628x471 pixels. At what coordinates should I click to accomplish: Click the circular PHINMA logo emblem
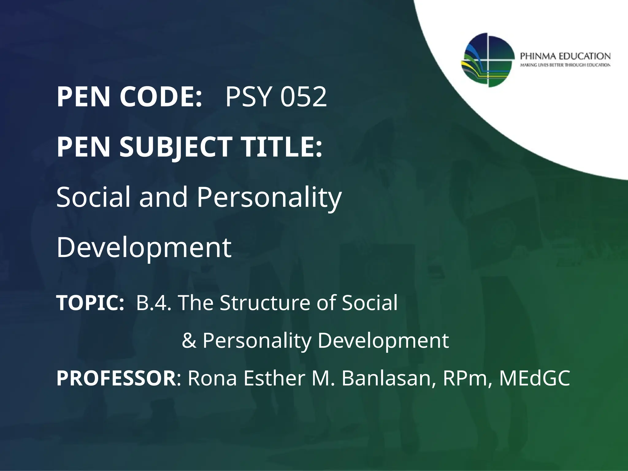[488, 60]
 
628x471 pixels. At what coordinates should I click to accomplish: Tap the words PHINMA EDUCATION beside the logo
[565, 56]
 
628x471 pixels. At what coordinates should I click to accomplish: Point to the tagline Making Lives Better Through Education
[565, 65]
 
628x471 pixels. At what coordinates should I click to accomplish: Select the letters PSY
[248, 97]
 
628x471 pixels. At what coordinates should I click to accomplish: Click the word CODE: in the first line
[161, 97]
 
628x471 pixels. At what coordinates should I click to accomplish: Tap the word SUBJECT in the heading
[175, 147]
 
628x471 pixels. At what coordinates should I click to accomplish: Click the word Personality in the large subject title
[269, 198]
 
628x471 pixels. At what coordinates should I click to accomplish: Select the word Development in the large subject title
[144, 248]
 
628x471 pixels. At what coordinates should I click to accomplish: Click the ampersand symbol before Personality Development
[189, 341]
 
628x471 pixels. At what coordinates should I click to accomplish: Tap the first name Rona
[212, 378]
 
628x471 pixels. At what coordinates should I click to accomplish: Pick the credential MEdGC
[534, 378]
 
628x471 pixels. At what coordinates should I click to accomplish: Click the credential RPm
[467, 378]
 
